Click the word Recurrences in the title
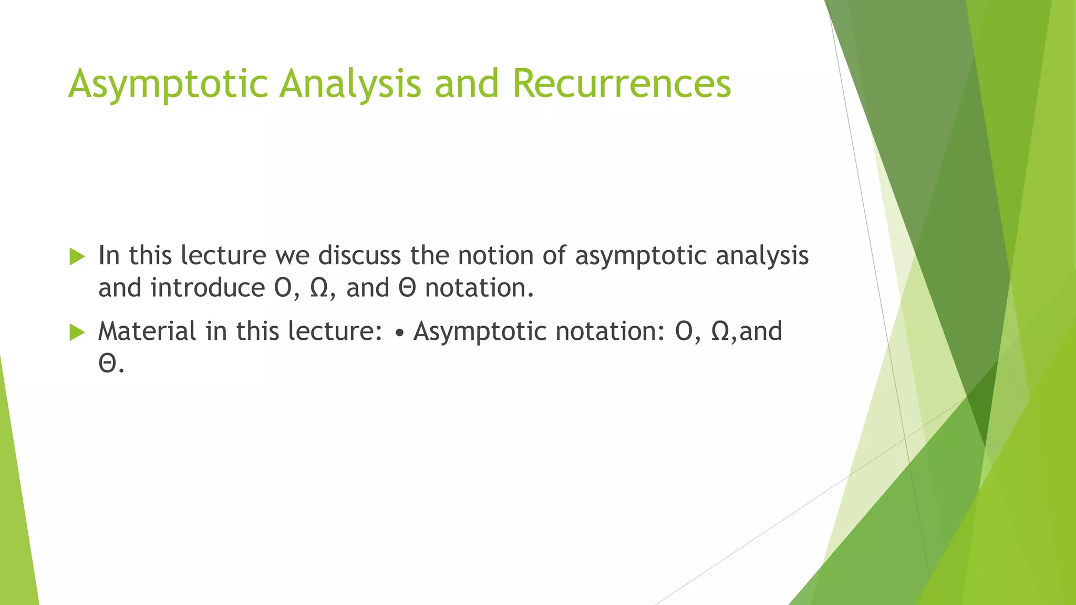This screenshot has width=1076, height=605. coord(622,84)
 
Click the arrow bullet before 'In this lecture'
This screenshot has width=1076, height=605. coord(77,257)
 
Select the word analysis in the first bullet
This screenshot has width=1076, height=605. coord(762,256)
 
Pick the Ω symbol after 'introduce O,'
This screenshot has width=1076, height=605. coord(319,288)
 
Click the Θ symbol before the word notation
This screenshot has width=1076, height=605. coord(407,288)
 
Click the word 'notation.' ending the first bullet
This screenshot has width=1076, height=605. coord(479,288)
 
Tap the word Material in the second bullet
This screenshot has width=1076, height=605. coord(147,331)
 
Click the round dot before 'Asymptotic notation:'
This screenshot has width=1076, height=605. coord(400,333)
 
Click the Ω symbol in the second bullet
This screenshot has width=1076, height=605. coord(721,331)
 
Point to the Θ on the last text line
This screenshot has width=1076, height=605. coord(107,364)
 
